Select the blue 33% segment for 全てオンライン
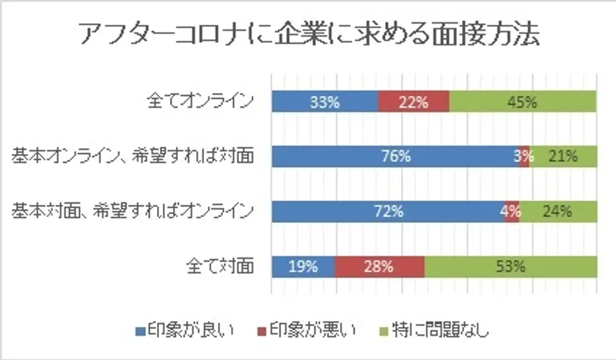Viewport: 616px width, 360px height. tap(324, 102)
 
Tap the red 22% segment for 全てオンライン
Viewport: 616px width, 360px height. tap(414, 102)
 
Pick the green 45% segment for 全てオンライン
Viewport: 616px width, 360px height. tap(522, 102)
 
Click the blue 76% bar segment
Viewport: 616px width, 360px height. tap(395, 156)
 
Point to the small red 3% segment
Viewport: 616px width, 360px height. tap(524, 156)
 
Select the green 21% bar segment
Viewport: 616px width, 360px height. tap(563, 156)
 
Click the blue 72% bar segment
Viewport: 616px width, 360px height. tap(388, 211)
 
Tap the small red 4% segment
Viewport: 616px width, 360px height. tap(512, 211)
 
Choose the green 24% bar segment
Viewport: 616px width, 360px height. tap(557, 211)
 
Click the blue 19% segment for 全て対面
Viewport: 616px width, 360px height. tap(303, 266)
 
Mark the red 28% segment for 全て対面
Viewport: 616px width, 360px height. tap(379, 266)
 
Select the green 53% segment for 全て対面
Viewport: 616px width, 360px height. tap(510, 266)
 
